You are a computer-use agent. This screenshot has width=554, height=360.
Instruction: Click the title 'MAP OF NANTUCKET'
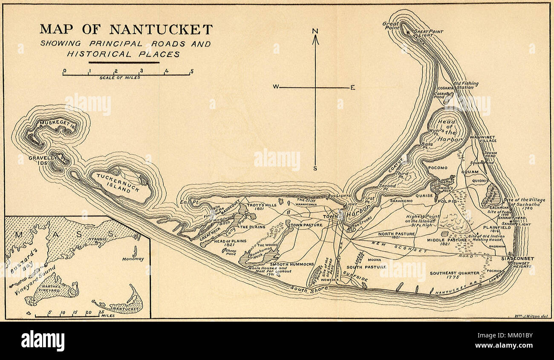point(126,29)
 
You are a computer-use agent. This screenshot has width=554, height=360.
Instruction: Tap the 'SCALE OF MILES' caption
point(120,78)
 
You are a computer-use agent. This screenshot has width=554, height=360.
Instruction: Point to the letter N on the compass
point(315,31)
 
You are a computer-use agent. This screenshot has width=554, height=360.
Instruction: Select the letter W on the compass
point(276,87)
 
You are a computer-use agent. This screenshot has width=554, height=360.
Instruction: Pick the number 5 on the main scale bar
point(192,71)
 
